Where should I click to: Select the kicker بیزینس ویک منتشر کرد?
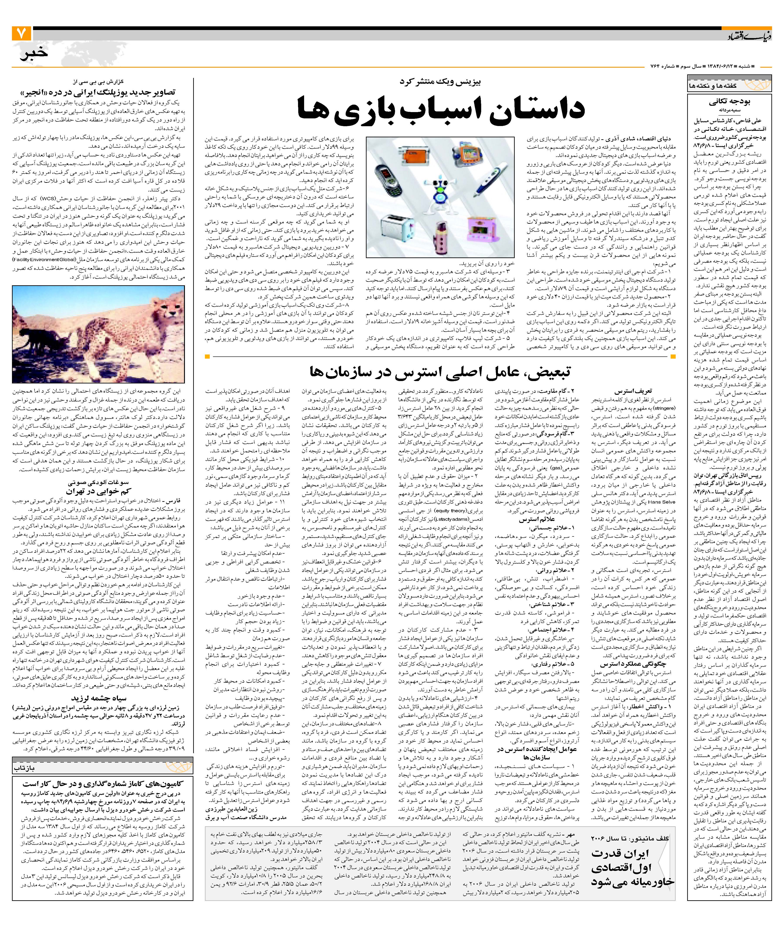pos(440,82)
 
